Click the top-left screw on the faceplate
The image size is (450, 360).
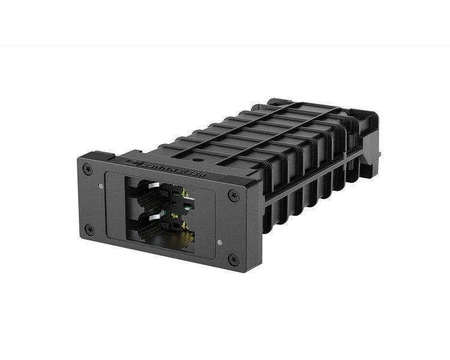pos(89,170)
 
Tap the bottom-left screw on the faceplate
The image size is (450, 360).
pos(89,229)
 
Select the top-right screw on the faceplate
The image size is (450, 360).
pos(234,194)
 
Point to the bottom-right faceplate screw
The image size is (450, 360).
pos(233,259)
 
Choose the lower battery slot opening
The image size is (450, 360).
pos(157,231)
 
